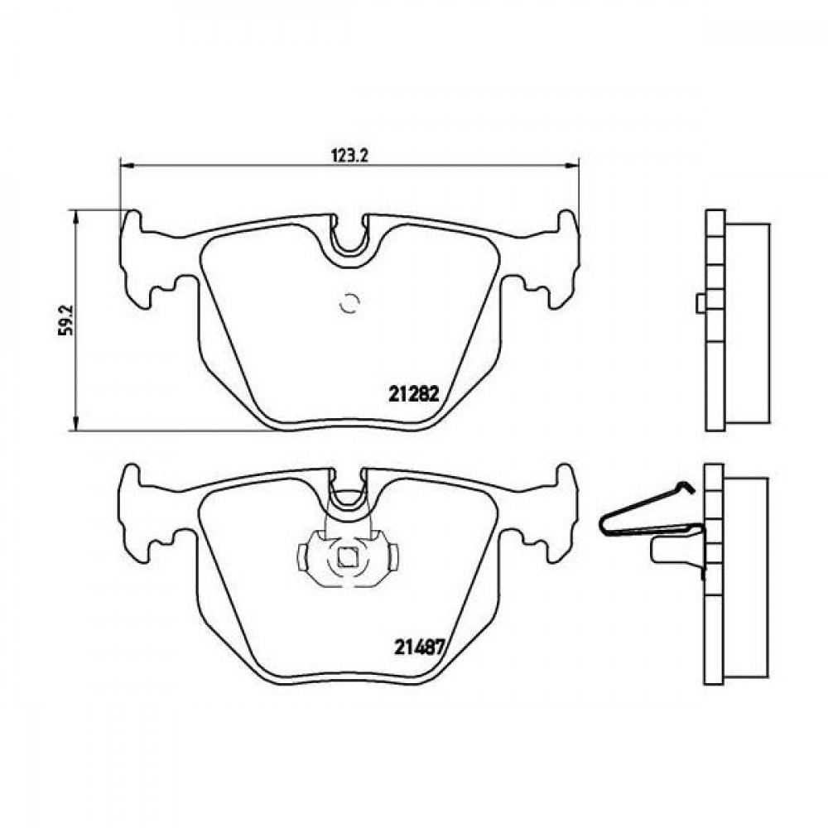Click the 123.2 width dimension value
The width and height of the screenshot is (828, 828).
[349, 156]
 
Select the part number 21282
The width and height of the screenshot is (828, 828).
[414, 393]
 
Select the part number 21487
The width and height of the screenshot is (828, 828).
[418, 647]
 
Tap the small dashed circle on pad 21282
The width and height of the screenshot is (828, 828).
[349, 302]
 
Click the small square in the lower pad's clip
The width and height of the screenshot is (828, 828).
[346, 557]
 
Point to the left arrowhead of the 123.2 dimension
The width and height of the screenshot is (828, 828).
[126, 166]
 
